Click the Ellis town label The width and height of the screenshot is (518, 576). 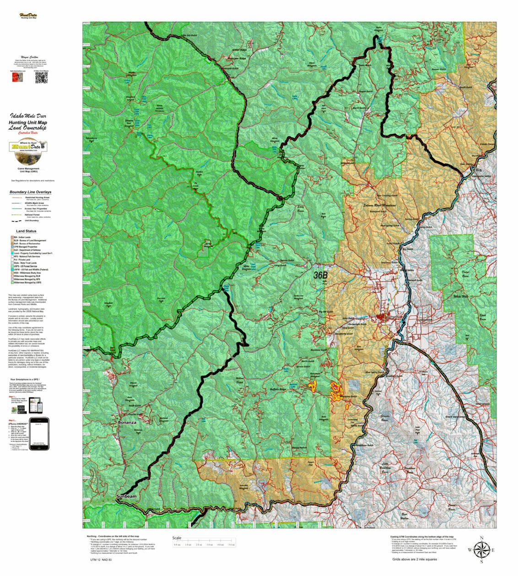(x=478, y=170)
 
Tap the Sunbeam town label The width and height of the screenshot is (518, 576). (x=126, y=496)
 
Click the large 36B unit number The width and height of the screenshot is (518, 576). (x=320, y=275)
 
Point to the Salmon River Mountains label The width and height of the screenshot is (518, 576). (x=379, y=206)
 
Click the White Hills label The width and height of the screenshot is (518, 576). (x=460, y=297)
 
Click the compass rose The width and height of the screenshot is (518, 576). (x=481, y=549)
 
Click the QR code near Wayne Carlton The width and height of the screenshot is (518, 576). (x=41, y=78)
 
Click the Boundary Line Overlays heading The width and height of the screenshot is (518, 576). (x=30, y=192)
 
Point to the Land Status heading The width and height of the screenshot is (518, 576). (x=26, y=231)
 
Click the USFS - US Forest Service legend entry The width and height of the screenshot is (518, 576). (x=30, y=266)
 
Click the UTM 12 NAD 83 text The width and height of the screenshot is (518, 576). (x=101, y=560)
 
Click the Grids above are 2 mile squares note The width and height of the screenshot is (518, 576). (x=414, y=560)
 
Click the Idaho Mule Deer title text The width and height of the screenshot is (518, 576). (x=28, y=116)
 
